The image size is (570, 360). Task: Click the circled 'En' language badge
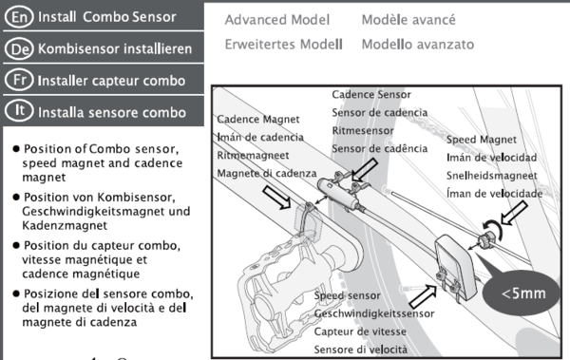coord(19,17)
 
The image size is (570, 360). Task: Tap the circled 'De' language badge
coord(19,48)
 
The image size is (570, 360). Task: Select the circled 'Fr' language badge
coord(19,80)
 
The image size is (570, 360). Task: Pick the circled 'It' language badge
coord(19,110)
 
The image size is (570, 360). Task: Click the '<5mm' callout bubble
coord(522,293)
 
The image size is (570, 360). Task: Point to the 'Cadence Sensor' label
coord(371,95)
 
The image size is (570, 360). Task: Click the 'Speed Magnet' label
coord(482,140)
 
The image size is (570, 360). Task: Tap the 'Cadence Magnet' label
coord(258,120)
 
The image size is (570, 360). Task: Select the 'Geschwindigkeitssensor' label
coord(374,313)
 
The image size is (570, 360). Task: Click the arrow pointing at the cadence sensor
coord(365,170)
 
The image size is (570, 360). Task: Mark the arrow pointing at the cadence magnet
coord(276,198)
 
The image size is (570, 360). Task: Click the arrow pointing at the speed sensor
coord(424,296)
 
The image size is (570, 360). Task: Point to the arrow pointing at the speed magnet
coord(514,214)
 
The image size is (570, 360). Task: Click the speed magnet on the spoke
coord(485,240)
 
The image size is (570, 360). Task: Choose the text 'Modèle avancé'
coord(408,20)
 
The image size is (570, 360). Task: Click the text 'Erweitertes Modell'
coord(283,45)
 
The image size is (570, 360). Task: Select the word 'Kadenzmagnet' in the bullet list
coord(65,225)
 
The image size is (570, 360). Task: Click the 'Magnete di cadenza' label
coord(267,174)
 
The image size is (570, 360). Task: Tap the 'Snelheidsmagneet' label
coord(492,176)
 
